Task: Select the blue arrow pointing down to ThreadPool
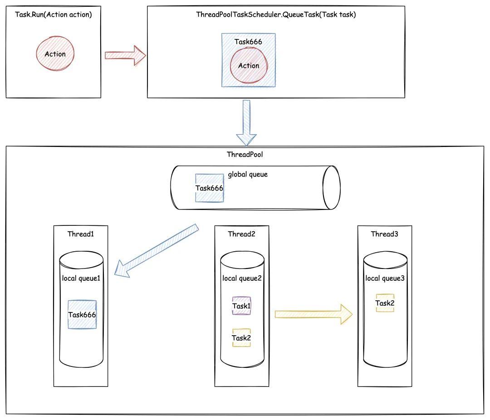click(x=246, y=122)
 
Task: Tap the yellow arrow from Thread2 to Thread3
click(x=314, y=314)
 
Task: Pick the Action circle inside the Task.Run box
click(x=55, y=54)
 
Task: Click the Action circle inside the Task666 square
click(x=249, y=66)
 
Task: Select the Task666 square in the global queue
click(x=209, y=188)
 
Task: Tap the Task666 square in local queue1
click(x=82, y=314)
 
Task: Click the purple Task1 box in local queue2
click(x=241, y=306)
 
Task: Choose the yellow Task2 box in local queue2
click(x=241, y=338)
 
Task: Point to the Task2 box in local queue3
click(x=385, y=303)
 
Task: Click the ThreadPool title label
click(x=245, y=154)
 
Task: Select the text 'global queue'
click(x=248, y=174)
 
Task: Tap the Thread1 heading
click(x=81, y=234)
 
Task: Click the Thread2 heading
click(x=241, y=234)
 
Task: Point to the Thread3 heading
click(x=385, y=234)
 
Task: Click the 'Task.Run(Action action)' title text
click(x=54, y=15)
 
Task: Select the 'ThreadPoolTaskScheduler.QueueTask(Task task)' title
click(x=276, y=15)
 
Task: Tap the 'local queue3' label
click(x=385, y=278)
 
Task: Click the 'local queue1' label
click(x=81, y=278)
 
